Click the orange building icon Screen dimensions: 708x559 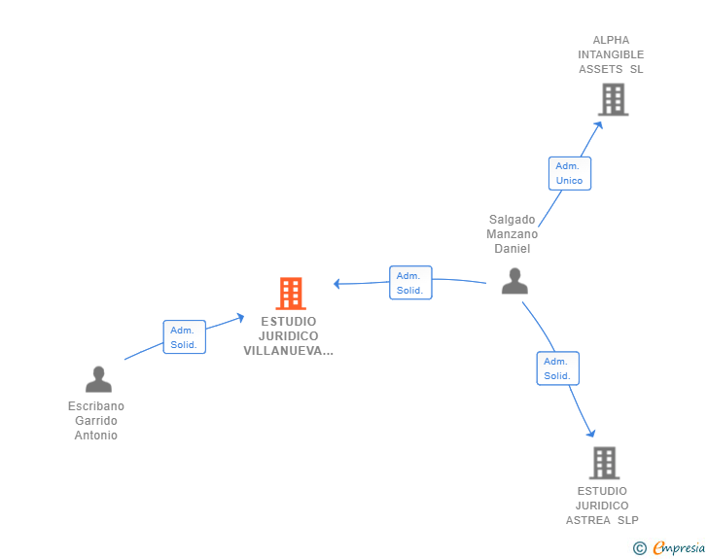tap(291, 293)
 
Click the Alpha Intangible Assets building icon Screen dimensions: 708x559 tap(613, 99)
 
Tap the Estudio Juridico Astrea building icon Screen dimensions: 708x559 tap(604, 463)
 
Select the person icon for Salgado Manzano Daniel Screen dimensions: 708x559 tap(514, 281)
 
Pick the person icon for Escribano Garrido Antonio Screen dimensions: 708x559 tap(98, 379)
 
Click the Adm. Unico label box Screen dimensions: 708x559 tap(570, 173)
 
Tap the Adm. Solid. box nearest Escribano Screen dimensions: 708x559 tap(184, 336)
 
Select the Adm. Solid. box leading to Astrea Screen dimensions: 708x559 tap(557, 368)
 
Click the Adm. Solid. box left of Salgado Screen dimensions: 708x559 tap(410, 283)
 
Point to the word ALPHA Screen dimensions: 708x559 tap(611, 40)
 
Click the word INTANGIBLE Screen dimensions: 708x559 tap(611, 54)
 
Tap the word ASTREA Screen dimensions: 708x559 tap(587, 520)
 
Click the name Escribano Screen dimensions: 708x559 tap(96, 406)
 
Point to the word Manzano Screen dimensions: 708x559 tap(512, 234)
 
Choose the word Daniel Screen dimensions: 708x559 tap(512, 248)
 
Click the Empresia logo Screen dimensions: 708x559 tap(679, 547)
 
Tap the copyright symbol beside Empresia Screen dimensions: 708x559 tap(640, 548)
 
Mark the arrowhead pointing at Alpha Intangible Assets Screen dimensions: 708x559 tap(599, 125)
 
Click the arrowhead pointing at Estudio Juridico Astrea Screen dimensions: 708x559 tap(591, 433)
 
